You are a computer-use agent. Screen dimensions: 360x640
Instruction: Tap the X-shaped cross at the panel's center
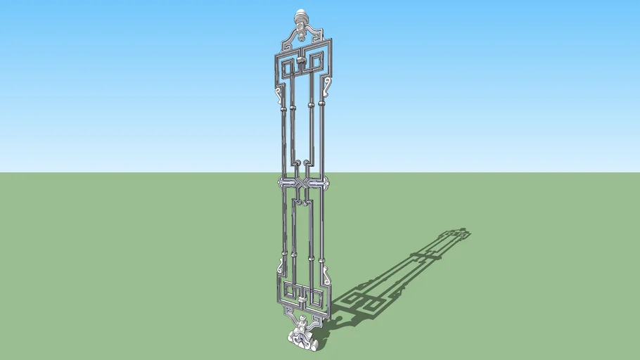[x=302, y=184]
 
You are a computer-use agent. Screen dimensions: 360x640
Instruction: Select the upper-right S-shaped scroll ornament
[x=328, y=88]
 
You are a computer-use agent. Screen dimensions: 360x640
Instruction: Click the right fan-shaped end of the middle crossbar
[x=325, y=186]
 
